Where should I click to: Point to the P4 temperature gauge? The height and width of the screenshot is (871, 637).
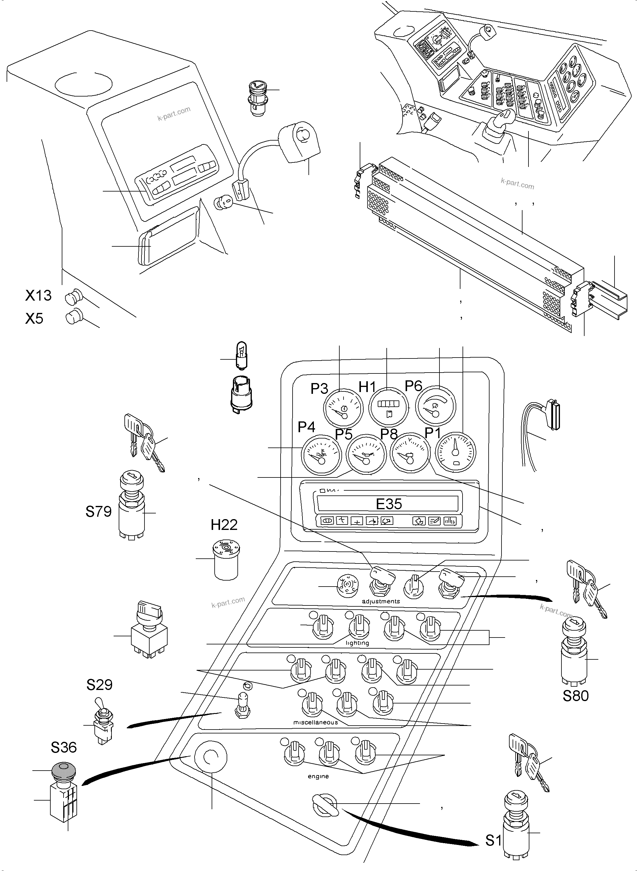tap(321, 456)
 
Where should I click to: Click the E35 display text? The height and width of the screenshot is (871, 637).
tap(389, 504)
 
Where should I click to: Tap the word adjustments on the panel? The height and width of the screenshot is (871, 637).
tap(381, 601)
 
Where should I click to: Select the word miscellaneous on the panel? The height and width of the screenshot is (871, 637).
tap(315, 722)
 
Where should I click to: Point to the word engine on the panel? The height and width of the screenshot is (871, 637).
tap(318, 776)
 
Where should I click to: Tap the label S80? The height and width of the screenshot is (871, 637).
tap(575, 696)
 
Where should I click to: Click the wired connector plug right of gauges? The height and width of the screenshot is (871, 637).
tap(554, 415)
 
